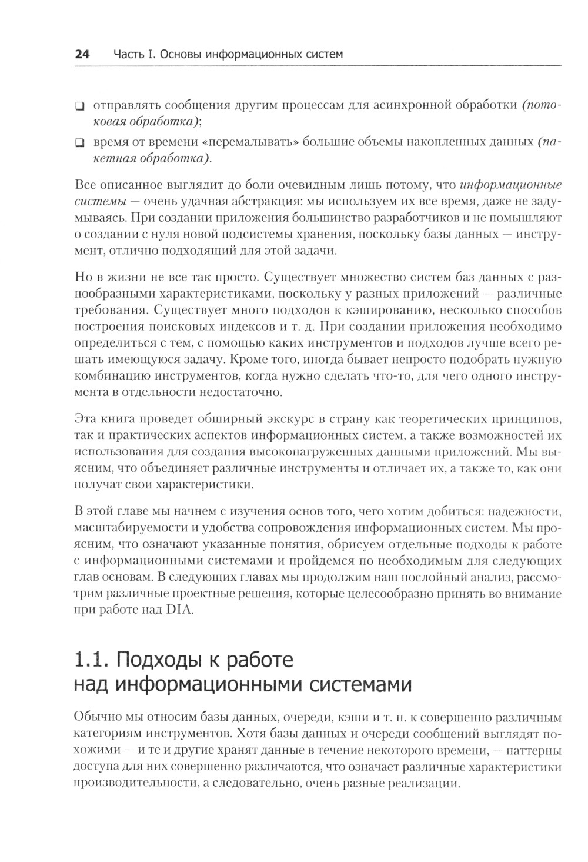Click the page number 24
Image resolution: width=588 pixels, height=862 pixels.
[x=82, y=55]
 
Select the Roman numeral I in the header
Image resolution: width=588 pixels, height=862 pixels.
[x=151, y=55]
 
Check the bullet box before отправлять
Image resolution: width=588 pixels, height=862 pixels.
[x=79, y=106]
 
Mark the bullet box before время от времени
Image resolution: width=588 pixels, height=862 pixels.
[x=79, y=143]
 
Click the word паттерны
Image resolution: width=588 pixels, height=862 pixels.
[x=533, y=750]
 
